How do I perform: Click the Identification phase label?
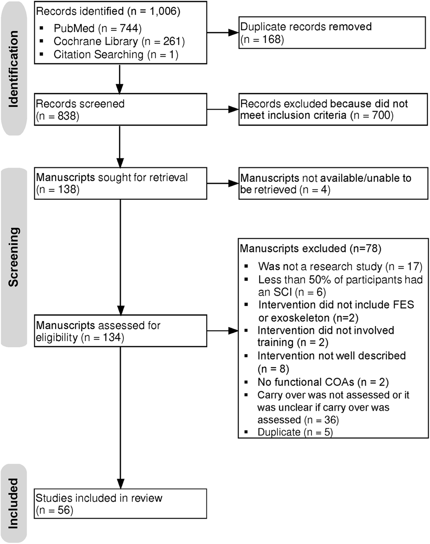pyautogui.click(x=13, y=69)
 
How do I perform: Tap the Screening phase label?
pyautogui.click(x=13, y=257)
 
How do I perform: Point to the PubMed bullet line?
pyautogui.click(x=97, y=28)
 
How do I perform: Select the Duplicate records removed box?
pyautogui.click(x=332, y=33)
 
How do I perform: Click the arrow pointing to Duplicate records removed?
pyautogui.click(x=223, y=33)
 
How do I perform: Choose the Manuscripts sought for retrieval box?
pyautogui.click(x=120, y=183)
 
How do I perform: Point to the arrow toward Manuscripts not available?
pyautogui.click(x=223, y=183)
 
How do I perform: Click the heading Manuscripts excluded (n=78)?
pyautogui.click(x=310, y=249)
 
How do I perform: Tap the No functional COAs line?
pyautogui.click(x=323, y=382)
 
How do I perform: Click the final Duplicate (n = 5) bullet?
pyautogui.click(x=295, y=432)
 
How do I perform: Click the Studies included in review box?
pyautogui.click(x=120, y=504)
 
